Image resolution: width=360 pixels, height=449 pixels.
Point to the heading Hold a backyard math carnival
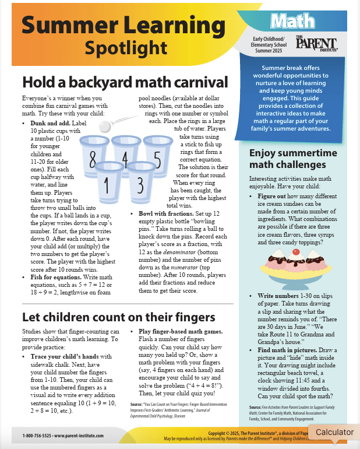[124, 81]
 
